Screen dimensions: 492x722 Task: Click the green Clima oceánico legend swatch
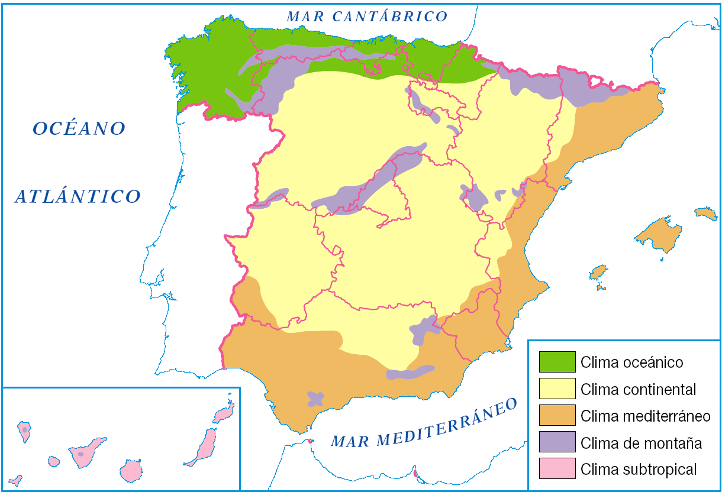(x=557, y=361)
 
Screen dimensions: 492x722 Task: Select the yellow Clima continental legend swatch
(x=557, y=389)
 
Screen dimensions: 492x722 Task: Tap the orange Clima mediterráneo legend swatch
(x=557, y=415)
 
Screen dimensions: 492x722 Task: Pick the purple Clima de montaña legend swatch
(x=557, y=442)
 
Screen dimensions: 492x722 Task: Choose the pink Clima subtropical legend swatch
(x=557, y=468)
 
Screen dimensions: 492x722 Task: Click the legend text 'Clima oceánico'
(x=631, y=362)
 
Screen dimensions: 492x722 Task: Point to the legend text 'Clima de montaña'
(x=641, y=442)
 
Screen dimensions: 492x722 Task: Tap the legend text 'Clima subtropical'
(x=639, y=470)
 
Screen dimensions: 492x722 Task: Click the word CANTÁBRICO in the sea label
(x=389, y=16)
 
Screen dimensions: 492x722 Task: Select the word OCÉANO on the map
(x=79, y=128)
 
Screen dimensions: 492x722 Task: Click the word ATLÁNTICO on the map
(x=78, y=196)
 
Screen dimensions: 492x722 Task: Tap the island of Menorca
(x=705, y=212)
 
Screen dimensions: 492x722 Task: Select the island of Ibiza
(x=598, y=273)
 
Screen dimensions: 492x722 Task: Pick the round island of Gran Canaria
(x=131, y=471)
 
